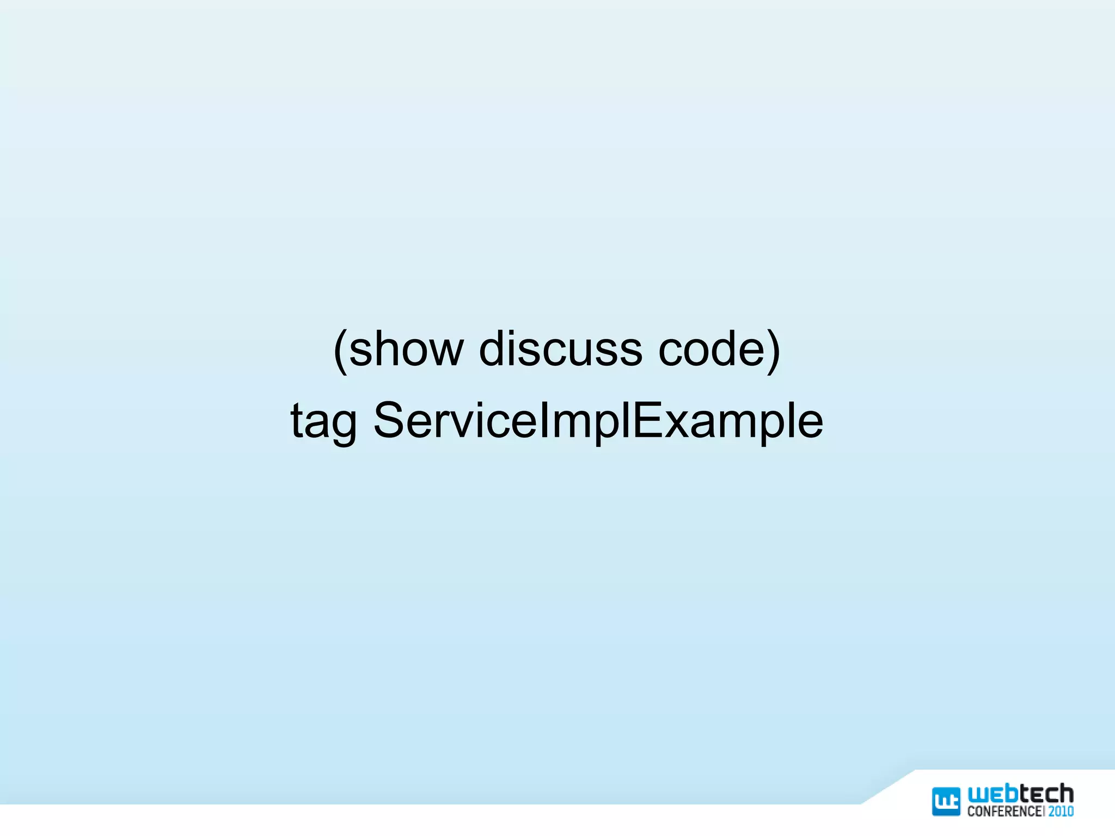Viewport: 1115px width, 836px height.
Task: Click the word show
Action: coord(406,349)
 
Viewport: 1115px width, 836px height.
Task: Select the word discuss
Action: coord(560,349)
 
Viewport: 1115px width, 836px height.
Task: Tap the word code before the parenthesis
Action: coord(713,349)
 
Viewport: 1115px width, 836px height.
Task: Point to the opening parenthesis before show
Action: coord(340,351)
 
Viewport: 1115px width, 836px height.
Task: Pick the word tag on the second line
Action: coord(323,422)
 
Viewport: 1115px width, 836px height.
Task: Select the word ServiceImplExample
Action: coord(598,421)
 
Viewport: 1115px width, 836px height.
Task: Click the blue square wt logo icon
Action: coord(946,801)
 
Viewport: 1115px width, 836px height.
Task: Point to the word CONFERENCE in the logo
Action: coord(1004,812)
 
